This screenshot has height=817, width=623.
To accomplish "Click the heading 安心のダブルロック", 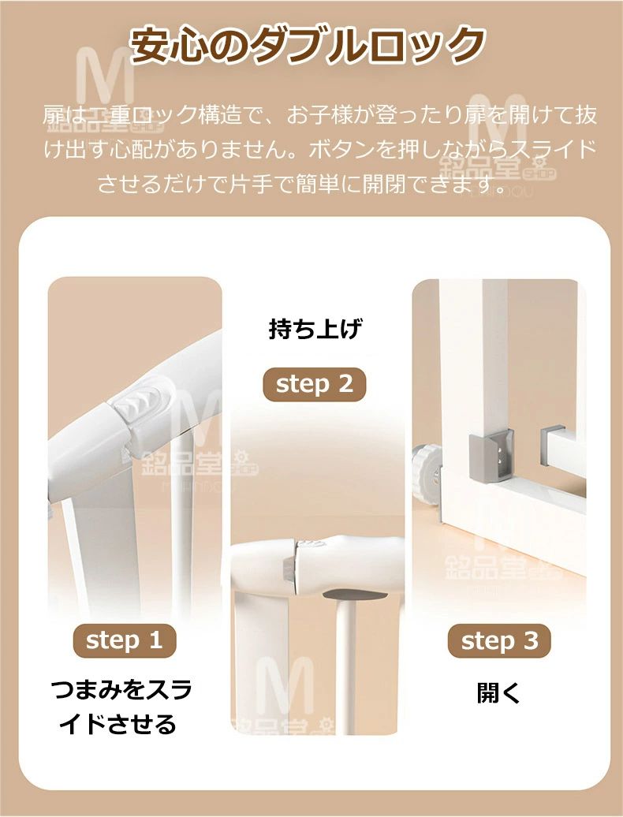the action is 308,45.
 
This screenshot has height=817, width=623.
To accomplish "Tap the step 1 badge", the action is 125,640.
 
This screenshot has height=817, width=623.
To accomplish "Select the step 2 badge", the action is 314,385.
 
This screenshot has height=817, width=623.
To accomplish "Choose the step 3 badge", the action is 499,641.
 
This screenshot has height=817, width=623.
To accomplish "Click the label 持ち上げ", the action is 315,330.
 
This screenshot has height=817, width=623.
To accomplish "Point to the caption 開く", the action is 498,693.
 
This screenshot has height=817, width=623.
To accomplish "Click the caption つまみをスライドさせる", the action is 121,707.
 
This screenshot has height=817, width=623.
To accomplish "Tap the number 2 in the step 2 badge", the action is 345,384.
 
